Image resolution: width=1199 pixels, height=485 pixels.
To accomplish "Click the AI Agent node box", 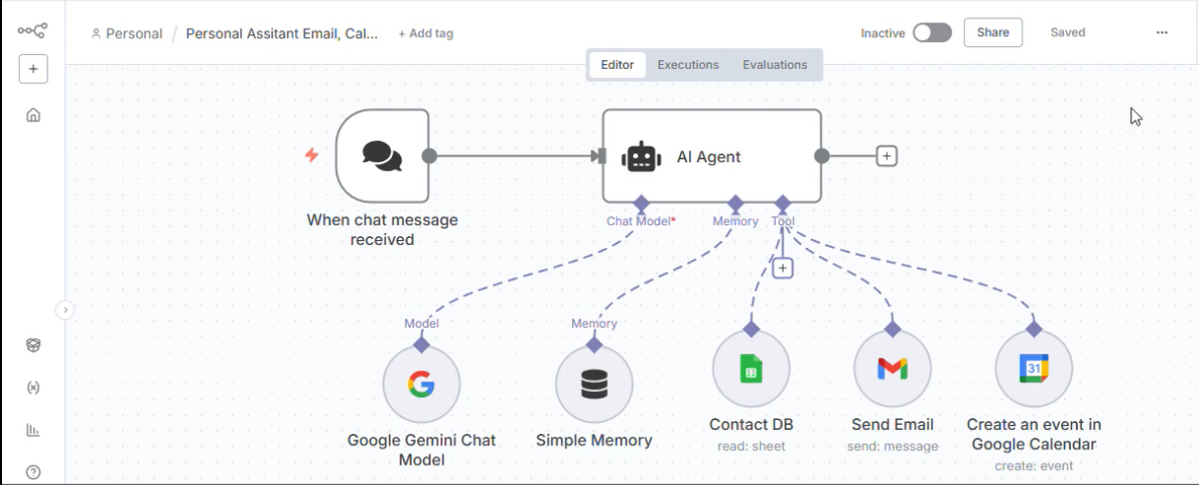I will click(x=711, y=155).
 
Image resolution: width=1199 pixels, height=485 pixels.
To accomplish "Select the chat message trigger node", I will click(x=382, y=155).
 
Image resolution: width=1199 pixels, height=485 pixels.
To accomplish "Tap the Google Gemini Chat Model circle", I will click(x=421, y=385).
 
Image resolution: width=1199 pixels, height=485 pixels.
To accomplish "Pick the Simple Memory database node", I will click(x=594, y=385).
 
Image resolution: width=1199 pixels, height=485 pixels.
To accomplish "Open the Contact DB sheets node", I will click(x=751, y=369).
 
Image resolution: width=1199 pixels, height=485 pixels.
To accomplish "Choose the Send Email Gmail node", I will click(x=892, y=369).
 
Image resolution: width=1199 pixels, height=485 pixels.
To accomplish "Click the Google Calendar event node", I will click(x=1034, y=369).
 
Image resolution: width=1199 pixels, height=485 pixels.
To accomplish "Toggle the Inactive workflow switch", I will click(x=931, y=32).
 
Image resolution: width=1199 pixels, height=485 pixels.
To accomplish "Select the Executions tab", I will click(x=688, y=65).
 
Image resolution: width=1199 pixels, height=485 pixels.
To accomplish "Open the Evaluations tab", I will click(x=775, y=65).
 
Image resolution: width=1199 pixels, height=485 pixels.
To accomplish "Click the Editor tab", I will click(x=617, y=65).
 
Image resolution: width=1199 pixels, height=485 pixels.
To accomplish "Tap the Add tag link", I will click(x=425, y=33).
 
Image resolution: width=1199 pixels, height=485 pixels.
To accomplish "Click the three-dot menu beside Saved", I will click(x=1162, y=32).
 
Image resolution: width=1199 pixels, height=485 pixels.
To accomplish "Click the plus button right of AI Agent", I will click(x=886, y=155).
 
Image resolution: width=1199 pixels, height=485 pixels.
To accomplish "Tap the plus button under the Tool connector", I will click(x=783, y=268).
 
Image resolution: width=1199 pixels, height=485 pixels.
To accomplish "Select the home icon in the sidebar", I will click(x=33, y=115).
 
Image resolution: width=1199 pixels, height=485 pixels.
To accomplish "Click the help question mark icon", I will click(x=33, y=471).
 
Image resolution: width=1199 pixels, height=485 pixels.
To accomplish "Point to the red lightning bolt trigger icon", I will click(x=312, y=155).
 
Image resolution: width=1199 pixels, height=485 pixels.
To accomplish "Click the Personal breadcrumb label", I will click(x=133, y=33).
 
